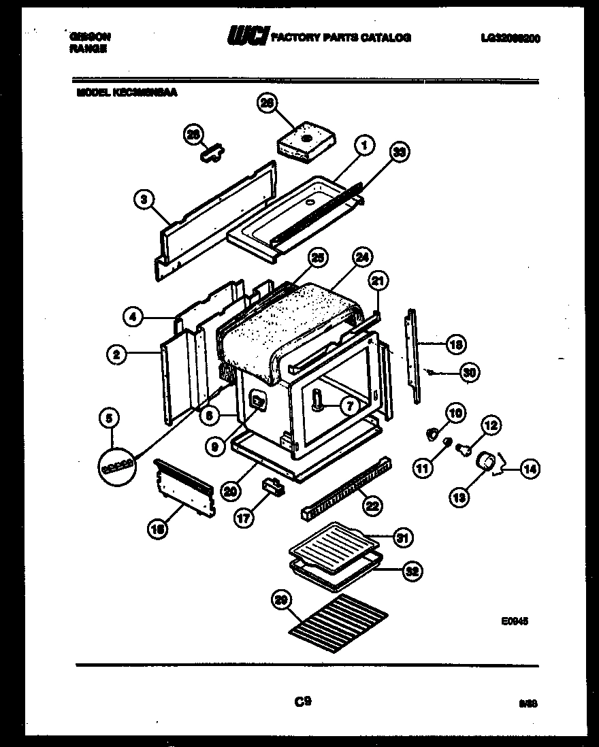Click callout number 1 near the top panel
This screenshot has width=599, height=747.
[x=364, y=145]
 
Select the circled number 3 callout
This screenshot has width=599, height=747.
[x=143, y=199]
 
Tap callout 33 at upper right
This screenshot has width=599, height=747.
[x=400, y=153]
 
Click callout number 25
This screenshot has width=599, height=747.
[x=317, y=257]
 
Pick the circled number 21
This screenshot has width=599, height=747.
[x=378, y=280]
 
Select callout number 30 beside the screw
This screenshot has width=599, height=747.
[x=468, y=372]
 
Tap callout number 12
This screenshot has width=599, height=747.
[x=491, y=427]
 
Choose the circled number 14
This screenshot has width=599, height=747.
[x=530, y=467]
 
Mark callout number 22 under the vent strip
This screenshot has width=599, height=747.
[x=372, y=505]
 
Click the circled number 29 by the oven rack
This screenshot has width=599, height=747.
[x=280, y=599]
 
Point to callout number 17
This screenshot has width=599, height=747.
[x=242, y=516]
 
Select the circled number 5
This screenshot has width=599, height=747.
[x=108, y=420]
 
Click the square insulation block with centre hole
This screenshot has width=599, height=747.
[x=306, y=142]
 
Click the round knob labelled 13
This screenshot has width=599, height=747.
[x=486, y=463]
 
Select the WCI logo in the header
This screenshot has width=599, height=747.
[x=248, y=36]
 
